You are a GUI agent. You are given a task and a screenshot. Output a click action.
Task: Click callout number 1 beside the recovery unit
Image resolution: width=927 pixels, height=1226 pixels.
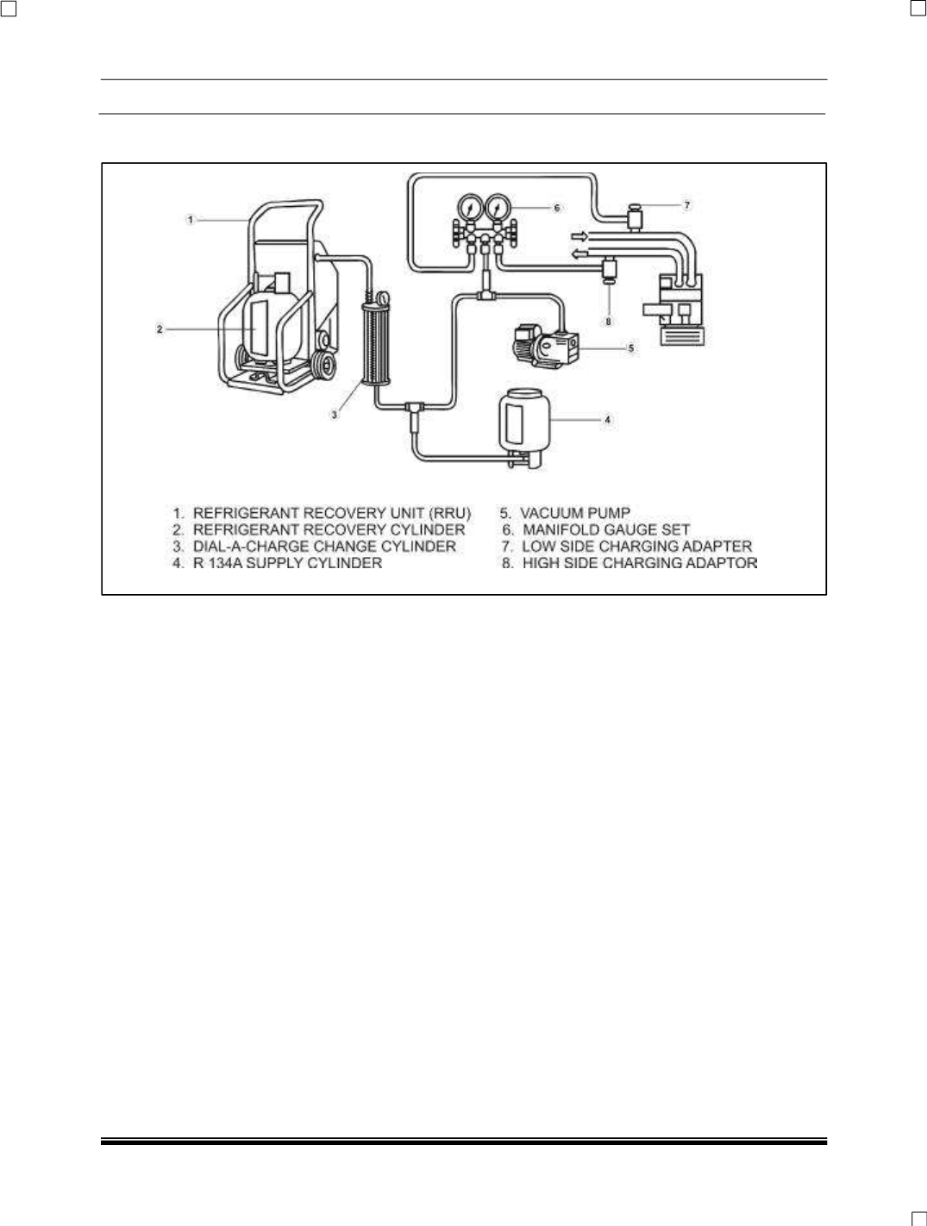click(x=190, y=220)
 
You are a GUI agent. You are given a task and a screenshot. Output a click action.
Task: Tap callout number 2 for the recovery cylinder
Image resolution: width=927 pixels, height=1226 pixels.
click(x=160, y=329)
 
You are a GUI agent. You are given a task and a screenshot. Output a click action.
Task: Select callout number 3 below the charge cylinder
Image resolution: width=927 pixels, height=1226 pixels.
click(x=335, y=415)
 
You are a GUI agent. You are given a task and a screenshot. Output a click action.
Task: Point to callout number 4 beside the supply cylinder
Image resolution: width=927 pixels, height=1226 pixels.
click(x=608, y=420)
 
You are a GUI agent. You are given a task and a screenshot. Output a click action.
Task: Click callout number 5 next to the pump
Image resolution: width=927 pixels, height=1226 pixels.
click(x=631, y=348)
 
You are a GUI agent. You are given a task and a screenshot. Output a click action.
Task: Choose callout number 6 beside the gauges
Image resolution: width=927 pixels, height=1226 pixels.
click(x=557, y=208)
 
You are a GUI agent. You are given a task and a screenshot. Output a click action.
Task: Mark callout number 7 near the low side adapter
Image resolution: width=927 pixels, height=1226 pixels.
click(x=687, y=205)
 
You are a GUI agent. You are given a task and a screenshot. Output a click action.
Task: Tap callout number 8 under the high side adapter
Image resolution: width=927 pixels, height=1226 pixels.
click(x=608, y=322)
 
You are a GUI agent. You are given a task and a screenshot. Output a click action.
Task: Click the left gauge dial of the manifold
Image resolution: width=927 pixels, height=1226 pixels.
click(x=470, y=208)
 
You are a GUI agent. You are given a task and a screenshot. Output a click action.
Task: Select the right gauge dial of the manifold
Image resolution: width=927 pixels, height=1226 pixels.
click(x=497, y=208)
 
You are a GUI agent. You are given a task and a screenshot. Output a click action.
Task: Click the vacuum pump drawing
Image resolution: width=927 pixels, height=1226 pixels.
click(x=546, y=347)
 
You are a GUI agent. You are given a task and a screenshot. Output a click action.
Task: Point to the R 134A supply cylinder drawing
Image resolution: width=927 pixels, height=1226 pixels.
click(x=524, y=428)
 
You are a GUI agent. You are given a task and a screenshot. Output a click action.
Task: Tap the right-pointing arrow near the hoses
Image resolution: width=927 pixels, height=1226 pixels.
click(x=579, y=235)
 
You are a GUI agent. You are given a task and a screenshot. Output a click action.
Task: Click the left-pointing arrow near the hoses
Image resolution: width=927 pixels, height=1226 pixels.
click(x=579, y=254)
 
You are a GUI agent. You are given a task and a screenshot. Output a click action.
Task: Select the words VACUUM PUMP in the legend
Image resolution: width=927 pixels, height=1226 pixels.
click(x=575, y=513)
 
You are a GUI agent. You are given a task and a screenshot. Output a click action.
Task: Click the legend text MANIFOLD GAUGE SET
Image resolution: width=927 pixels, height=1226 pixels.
click(x=606, y=529)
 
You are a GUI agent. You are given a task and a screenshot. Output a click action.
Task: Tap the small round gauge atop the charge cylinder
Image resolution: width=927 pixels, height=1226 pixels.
click(x=383, y=297)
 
